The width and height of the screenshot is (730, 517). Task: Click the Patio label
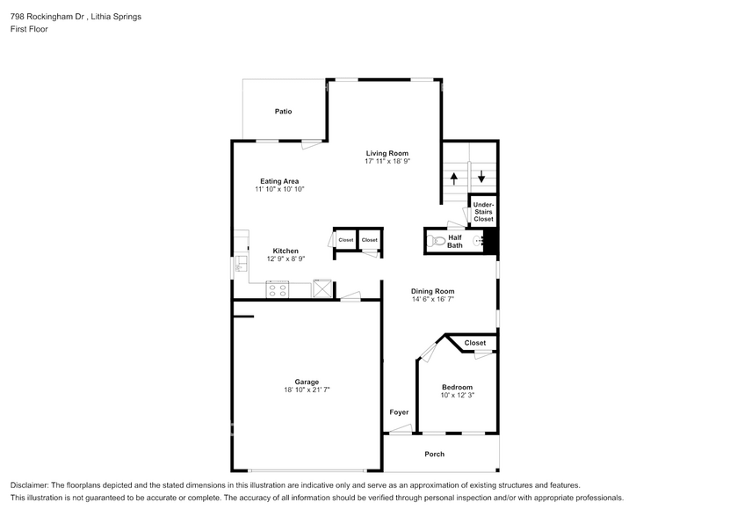(283, 112)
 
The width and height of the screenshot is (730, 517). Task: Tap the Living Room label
(387, 154)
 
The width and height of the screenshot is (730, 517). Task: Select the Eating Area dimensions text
(279, 189)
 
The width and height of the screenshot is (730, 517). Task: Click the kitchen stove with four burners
(278, 288)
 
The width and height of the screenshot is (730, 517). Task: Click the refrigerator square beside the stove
(322, 288)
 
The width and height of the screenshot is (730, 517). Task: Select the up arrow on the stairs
(454, 177)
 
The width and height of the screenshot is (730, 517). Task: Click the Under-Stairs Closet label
(483, 211)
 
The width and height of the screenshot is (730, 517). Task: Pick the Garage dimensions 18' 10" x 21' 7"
(307, 390)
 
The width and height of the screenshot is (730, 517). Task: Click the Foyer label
(399, 411)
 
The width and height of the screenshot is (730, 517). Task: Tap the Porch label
(434, 454)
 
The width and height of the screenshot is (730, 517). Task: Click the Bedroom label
(457, 387)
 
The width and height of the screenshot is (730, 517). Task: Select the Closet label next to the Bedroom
(474, 343)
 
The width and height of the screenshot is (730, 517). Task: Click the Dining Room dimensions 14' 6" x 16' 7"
(433, 300)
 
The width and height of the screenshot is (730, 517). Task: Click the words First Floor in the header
(30, 29)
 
